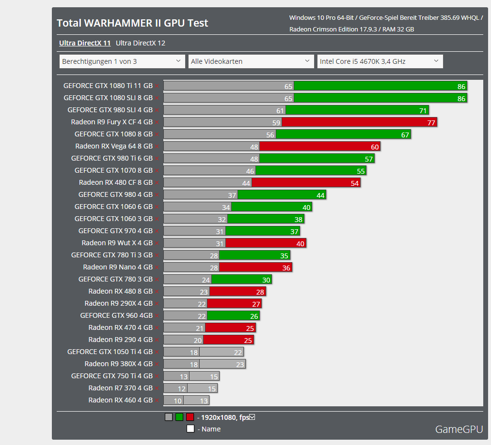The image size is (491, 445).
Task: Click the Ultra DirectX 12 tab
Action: tap(141, 43)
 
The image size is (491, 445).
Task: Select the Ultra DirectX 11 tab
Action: tap(85, 43)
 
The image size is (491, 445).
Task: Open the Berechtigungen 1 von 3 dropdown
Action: tap(122, 61)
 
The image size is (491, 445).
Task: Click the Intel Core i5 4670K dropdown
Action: tap(380, 61)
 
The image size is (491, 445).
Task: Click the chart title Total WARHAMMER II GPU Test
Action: tap(132, 23)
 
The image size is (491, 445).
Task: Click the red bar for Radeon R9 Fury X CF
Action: tap(359, 122)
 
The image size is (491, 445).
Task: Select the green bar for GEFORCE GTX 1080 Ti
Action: tap(380, 86)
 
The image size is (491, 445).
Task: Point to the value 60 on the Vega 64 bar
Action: tap(375, 147)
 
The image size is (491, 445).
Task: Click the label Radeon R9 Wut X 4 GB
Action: tap(117, 243)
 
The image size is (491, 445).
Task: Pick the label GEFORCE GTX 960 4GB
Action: tap(116, 315)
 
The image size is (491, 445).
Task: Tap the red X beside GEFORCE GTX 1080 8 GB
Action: tap(157, 134)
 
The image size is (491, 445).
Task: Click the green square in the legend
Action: tap(179, 417)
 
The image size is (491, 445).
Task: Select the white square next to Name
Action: tap(190, 429)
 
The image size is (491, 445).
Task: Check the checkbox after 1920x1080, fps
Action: tap(252, 417)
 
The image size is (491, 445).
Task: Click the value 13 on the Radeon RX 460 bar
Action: tap(204, 400)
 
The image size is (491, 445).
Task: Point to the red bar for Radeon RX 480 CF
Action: tap(305, 183)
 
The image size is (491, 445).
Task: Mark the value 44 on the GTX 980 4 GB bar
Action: tap(320, 195)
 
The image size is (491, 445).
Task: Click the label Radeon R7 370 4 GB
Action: tap(120, 388)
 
